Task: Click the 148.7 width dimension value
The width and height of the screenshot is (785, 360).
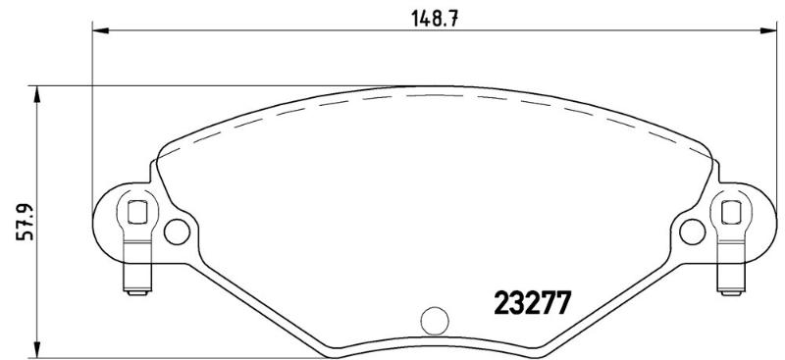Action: [x=435, y=19]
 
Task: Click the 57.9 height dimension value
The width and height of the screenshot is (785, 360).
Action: [x=26, y=221]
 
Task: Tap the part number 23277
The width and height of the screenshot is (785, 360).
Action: [x=532, y=303]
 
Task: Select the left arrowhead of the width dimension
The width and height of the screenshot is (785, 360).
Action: [x=101, y=31]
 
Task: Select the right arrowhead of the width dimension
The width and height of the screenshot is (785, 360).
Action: [x=768, y=31]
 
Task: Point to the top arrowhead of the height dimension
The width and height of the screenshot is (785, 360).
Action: [x=36, y=94]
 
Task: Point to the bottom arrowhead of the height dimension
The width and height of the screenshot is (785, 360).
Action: [x=36, y=350]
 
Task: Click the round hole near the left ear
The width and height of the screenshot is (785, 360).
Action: [x=178, y=231]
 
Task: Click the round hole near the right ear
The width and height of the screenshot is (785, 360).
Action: [x=693, y=231]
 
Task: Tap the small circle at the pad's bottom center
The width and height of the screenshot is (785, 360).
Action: [x=435, y=321]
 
